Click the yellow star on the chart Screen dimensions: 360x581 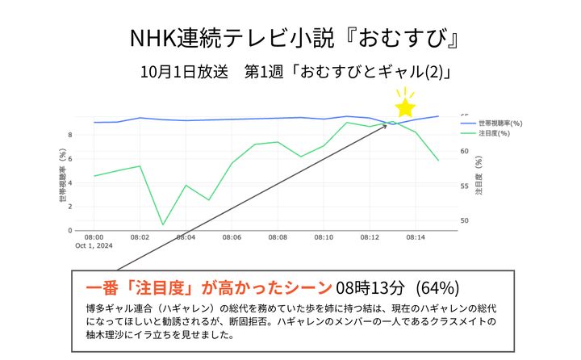(405, 107)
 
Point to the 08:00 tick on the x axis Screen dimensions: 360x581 (94, 237)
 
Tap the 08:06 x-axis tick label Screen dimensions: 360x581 (232, 237)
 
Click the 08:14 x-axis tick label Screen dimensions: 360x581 (416, 237)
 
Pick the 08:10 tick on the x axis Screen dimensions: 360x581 (324, 237)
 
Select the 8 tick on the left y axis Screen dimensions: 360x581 (70, 135)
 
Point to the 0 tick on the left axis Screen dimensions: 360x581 (70, 231)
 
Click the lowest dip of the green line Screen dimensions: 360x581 (163, 224)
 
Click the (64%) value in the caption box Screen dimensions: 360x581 (438, 287)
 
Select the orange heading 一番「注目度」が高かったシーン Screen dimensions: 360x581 (208, 287)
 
